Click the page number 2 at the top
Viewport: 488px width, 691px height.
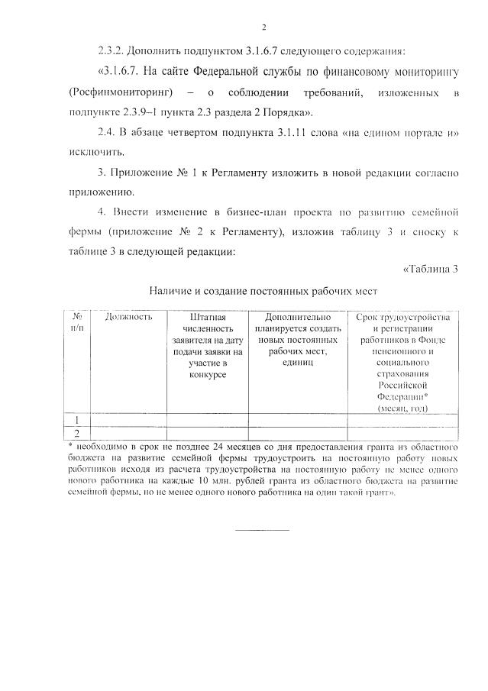(x=263, y=28)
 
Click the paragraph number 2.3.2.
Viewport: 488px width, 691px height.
(x=113, y=52)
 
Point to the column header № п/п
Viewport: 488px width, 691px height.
(x=77, y=321)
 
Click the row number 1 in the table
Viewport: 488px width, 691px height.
(x=77, y=419)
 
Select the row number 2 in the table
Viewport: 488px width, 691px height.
(x=77, y=433)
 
